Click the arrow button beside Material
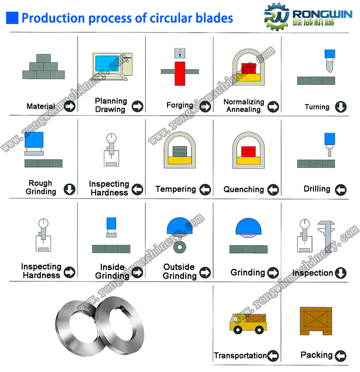(70, 106)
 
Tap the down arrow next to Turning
(341, 107)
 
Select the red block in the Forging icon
(180, 73)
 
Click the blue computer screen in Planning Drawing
(107, 63)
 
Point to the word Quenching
(243, 189)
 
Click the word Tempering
(176, 189)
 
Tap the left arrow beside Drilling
(341, 190)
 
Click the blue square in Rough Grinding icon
(34, 140)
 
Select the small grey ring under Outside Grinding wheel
(180, 247)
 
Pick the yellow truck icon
(248, 324)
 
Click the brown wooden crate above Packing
(316, 321)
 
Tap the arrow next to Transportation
(273, 356)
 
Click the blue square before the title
(12, 18)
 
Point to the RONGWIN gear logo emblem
(276, 17)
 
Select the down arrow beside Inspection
(341, 273)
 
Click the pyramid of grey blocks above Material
(44, 67)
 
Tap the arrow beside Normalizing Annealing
(273, 107)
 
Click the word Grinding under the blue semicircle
(248, 272)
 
